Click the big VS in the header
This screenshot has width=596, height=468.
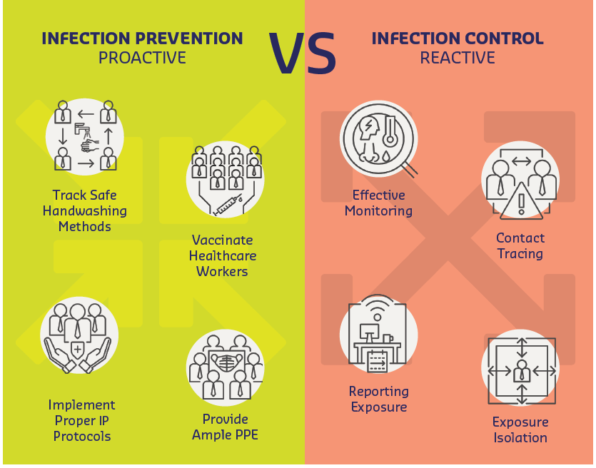point(302,54)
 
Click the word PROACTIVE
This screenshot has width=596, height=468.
point(142,58)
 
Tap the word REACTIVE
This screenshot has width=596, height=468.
point(458,58)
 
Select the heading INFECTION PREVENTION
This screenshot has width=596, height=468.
point(142,39)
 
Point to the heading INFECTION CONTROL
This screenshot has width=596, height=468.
point(458,39)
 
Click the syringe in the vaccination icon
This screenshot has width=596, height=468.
point(228,205)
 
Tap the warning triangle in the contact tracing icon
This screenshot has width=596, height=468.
point(522,201)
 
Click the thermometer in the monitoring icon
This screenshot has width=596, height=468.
point(390,132)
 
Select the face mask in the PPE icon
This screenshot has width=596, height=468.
point(227,362)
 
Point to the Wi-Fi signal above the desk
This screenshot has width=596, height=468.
point(377,307)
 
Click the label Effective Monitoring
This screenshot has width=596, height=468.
point(378,203)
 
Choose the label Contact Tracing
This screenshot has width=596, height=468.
point(520,246)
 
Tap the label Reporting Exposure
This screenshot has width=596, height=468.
point(379,399)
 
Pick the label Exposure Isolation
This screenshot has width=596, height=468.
point(520,429)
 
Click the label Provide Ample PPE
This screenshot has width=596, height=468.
point(225,427)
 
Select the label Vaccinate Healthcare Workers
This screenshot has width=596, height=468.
point(223,255)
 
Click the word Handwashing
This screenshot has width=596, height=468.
point(85,211)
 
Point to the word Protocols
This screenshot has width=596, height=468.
point(82,436)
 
